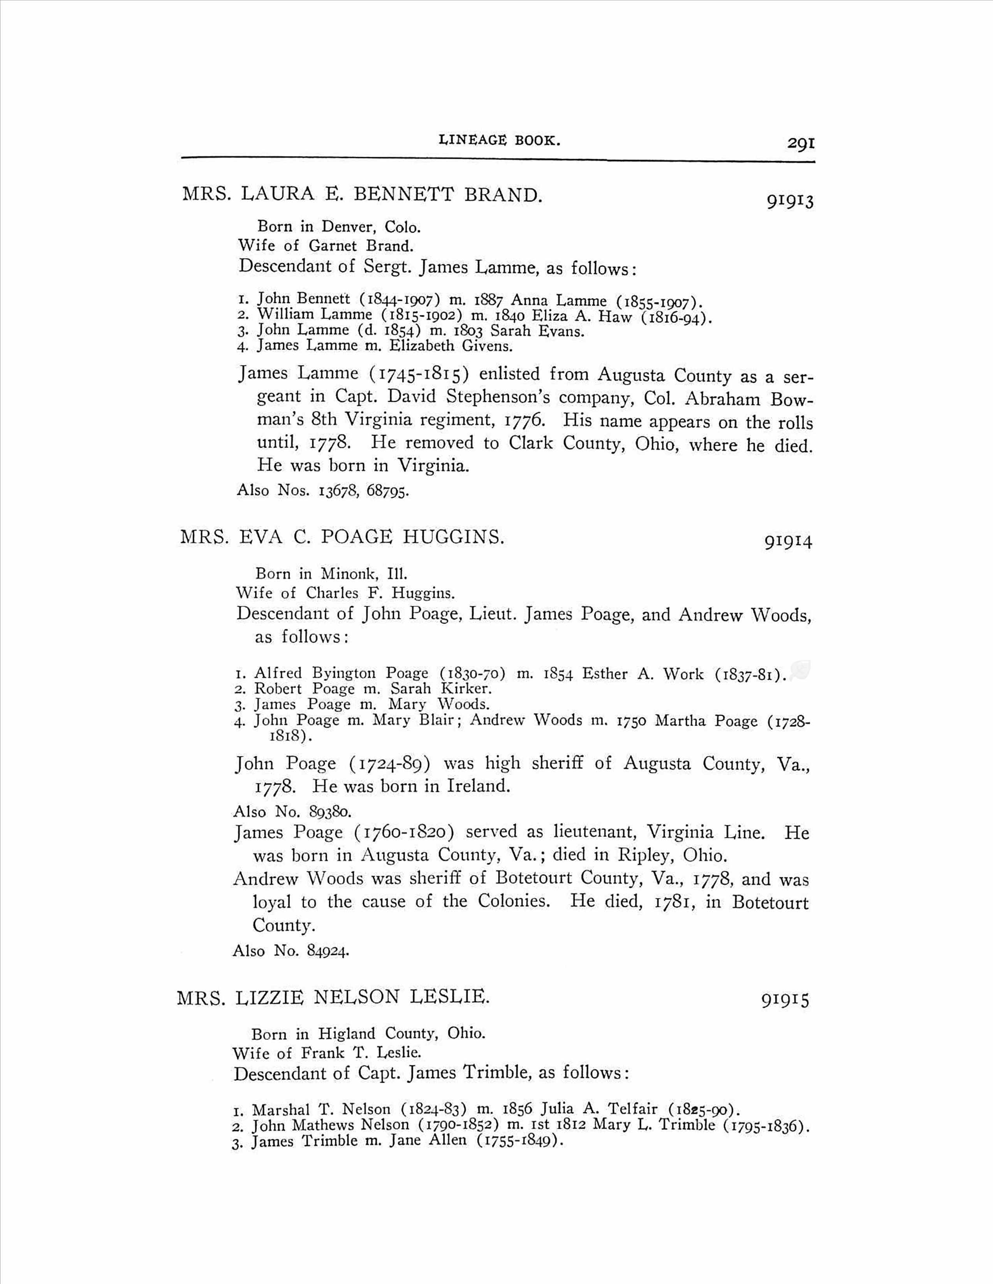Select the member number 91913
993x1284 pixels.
pyautogui.click(x=790, y=201)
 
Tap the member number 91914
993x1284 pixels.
pyautogui.click(x=788, y=541)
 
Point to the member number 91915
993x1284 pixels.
pyautogui.click(x=785, y=1000)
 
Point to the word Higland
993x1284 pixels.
pyautogui.click(x=347, y=1033)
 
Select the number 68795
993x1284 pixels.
pyautogui.click(x=387, y=490)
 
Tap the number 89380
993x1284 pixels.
pyautogui.click(x=329, y=812)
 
